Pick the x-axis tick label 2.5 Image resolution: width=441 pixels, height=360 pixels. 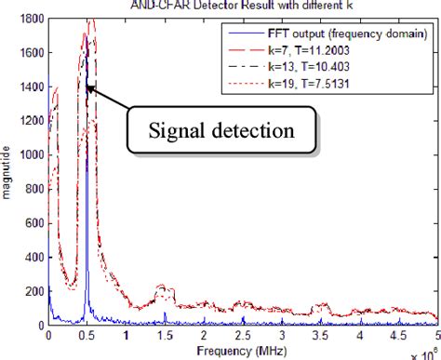tap(242, 336)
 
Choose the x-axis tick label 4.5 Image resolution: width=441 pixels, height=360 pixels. tap(397, 336)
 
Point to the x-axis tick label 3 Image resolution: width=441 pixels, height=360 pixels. tap(281, 336)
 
